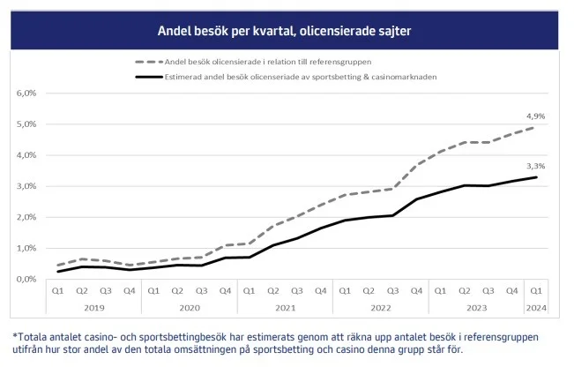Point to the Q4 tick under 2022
coord(417,290)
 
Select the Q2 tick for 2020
coord(177,290)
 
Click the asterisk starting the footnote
coord(15,336)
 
